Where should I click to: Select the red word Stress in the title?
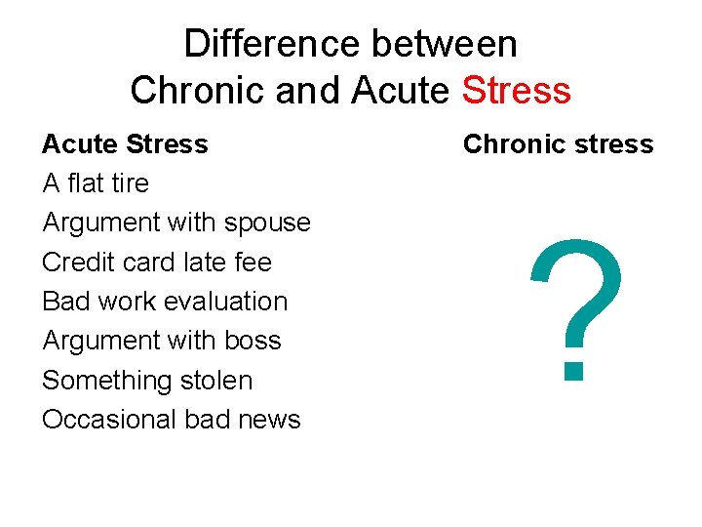516,91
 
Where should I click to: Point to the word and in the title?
307,91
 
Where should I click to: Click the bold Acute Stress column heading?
125,144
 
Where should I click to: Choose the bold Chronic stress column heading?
558,144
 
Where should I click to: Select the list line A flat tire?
96,183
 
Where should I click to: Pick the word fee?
253,263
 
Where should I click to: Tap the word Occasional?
107,420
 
